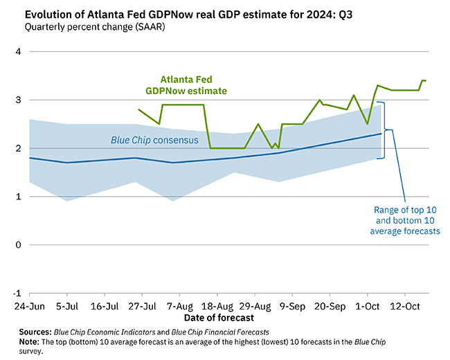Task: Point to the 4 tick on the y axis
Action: (18, 52)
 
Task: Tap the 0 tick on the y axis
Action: (18, 245)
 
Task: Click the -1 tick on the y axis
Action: (17, 293)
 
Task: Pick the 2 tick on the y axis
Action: (18, 149)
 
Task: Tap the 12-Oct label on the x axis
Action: (406, 305)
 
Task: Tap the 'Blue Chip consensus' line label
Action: (154, 141)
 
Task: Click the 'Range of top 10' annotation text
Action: (407, 210)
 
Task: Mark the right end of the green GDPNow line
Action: (426, 81)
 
